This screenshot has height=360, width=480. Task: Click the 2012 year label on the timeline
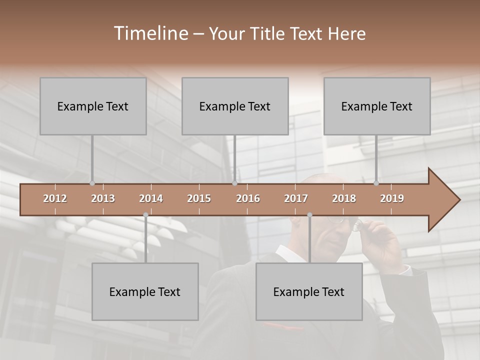pos(55,198)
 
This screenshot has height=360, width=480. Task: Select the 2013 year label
pos(103,198)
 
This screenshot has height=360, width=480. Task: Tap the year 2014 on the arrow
pos(151,198)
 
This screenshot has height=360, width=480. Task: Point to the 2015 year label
pos(199,198)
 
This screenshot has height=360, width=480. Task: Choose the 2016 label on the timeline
pos(248,198)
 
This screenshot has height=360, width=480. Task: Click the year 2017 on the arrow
pos(296,198)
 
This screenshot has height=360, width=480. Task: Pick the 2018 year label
pos(344,198)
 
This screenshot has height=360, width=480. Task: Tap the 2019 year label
pos(392,198)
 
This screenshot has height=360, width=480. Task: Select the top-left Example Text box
pos(93,106)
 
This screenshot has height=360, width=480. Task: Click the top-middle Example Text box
pos(235,106)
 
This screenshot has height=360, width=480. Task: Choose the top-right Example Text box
pos(377,106)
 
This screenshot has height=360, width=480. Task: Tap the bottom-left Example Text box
pos(145,291)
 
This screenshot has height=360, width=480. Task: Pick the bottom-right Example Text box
pos(309,291)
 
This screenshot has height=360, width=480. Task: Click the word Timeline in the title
pos(150,33)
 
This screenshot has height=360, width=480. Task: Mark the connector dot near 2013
pos(92,183)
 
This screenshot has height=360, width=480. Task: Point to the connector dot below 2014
pos(145,215)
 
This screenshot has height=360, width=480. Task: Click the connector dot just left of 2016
pos(234,183)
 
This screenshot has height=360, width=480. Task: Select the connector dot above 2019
pos(376,183)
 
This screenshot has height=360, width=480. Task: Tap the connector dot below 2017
pos(309,215)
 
